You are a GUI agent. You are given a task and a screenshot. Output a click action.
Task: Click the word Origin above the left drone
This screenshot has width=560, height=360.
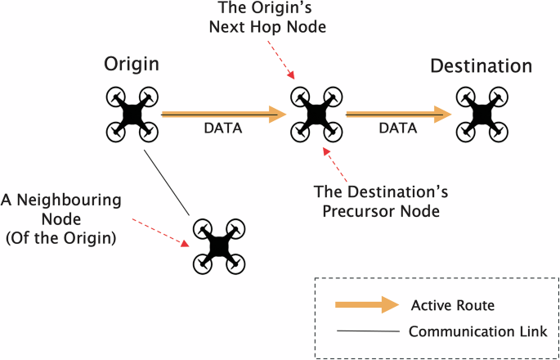click(x=132, y=65)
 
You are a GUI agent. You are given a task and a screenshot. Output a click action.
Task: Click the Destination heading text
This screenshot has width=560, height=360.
click(x=482, y=65)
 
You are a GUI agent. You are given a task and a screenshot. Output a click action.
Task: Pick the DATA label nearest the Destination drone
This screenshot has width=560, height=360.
click(x=397, y=129)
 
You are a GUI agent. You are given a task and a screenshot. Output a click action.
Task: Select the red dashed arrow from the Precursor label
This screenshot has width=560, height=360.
click(x=336, y=164)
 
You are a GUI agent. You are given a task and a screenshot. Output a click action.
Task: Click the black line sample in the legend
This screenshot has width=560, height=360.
click(x=363, y=331)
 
